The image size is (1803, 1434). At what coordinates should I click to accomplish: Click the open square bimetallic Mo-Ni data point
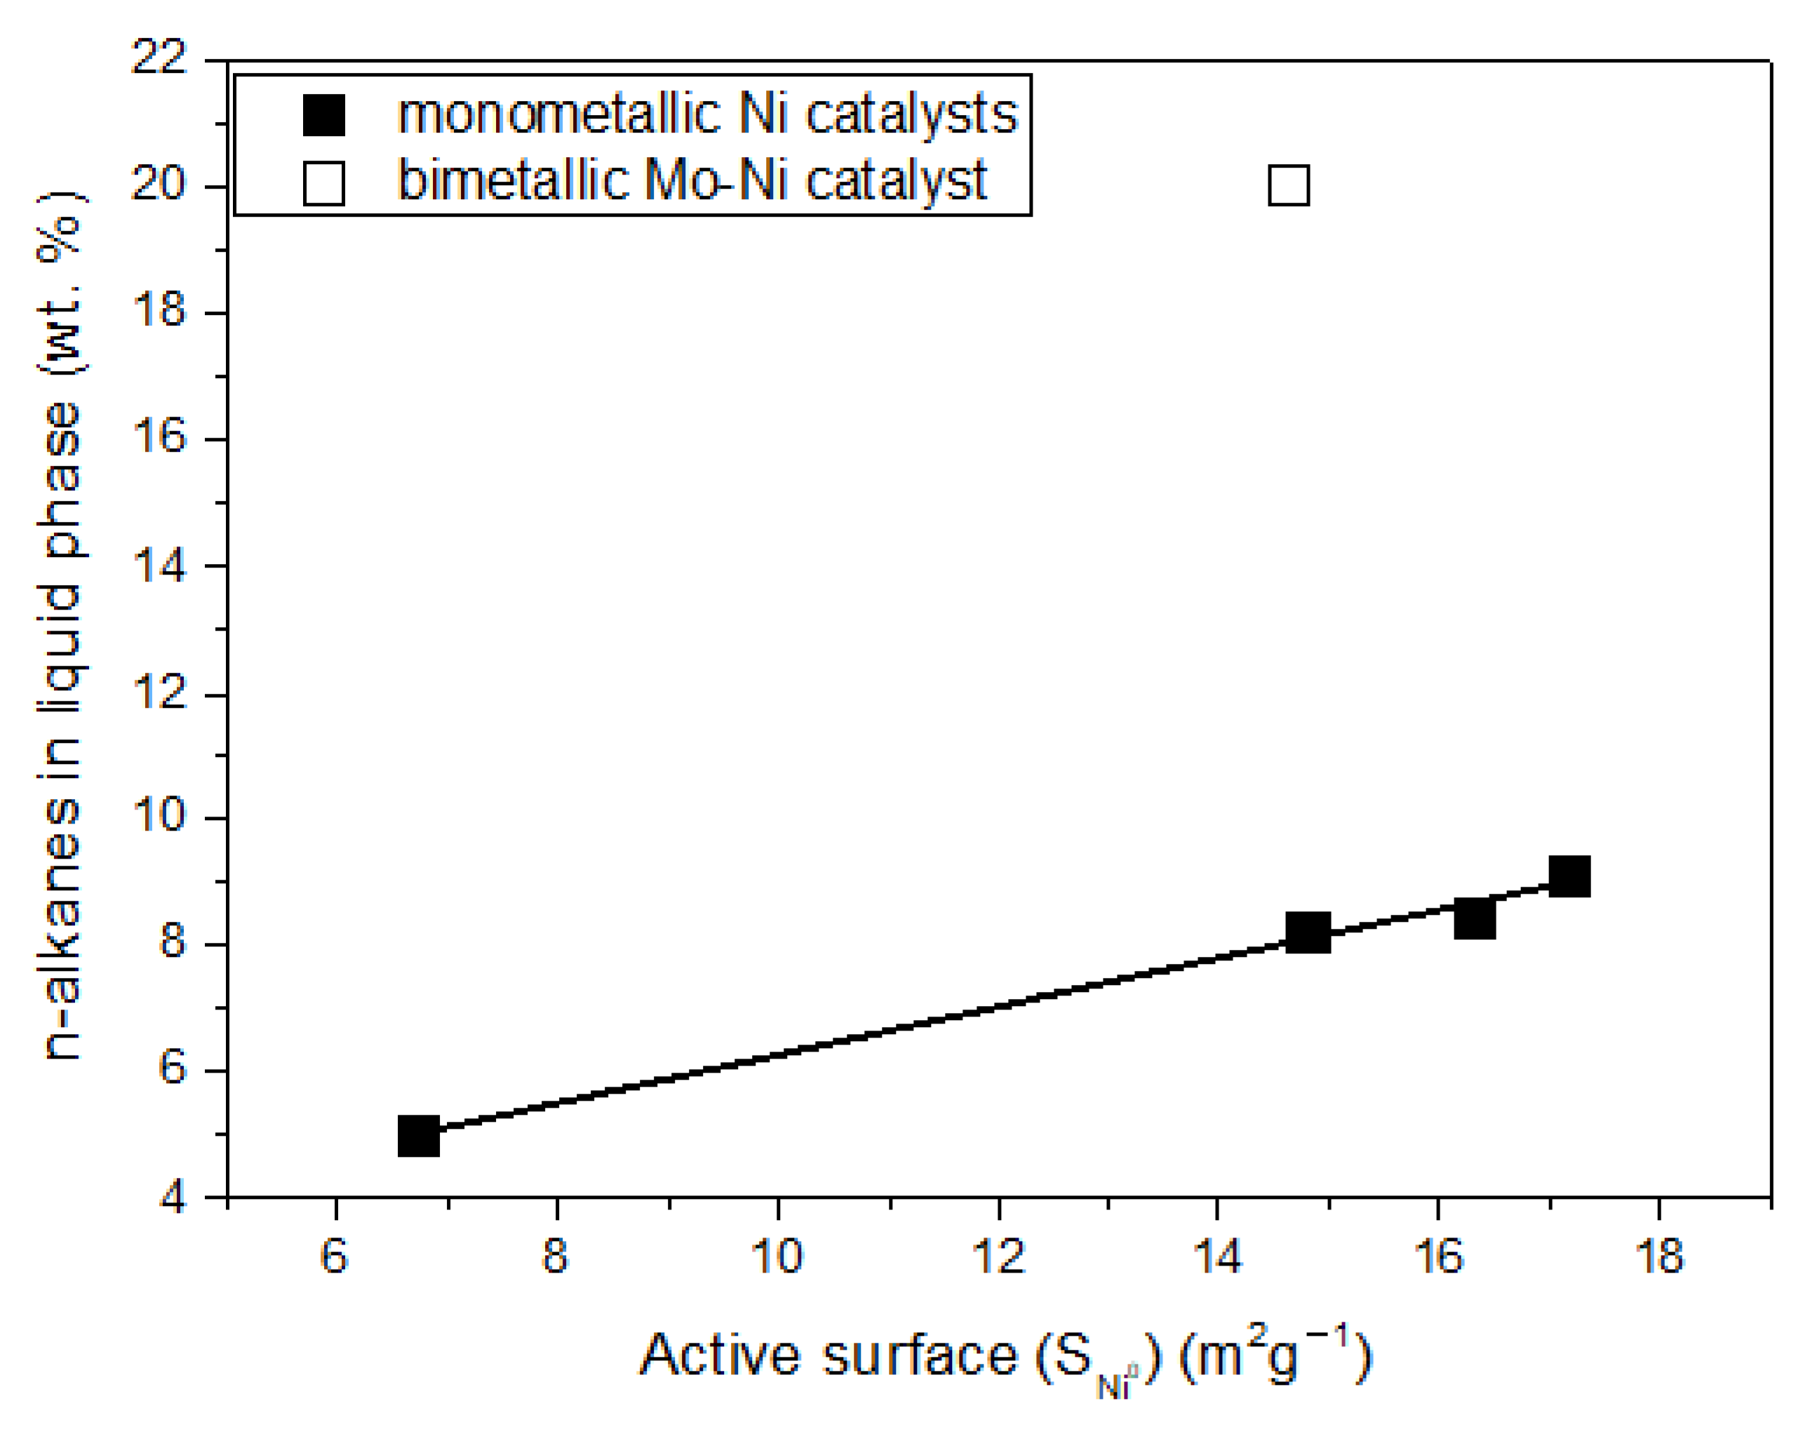pos(1288,185)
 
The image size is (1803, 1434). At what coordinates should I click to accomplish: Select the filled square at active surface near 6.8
pos(419,1136)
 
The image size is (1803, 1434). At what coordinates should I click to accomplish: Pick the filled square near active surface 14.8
pos(1308,932)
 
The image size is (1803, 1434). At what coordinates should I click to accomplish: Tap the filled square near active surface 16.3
pos(1475,919)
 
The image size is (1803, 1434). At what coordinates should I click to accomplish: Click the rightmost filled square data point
pos(1569,876)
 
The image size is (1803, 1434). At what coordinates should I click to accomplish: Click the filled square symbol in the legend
pos(323,115)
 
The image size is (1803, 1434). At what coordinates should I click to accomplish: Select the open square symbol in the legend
pos(323,183)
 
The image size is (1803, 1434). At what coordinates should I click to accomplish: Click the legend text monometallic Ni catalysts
pos(706,114)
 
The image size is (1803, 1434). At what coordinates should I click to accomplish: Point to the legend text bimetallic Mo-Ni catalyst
pos(692,180)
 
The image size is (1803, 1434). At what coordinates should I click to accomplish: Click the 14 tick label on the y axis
pos(159,566)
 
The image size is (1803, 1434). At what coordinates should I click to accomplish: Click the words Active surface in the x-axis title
pos(828,1355)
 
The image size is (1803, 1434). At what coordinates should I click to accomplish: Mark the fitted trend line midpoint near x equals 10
pos(778,1055)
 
